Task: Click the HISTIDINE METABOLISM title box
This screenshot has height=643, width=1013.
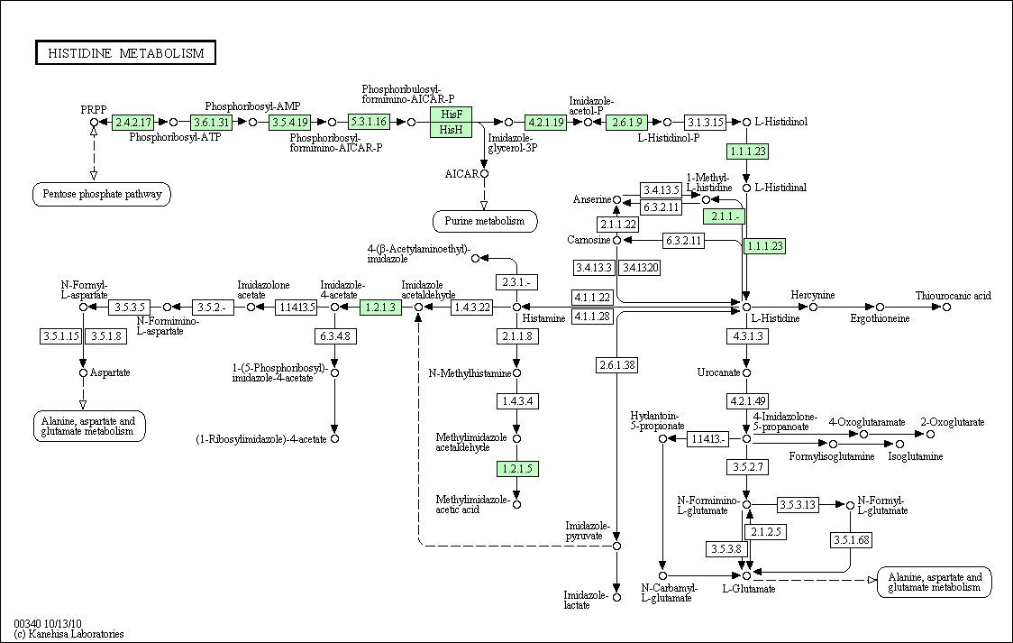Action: coord(125,53)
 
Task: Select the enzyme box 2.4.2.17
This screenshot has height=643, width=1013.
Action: coord(133,122)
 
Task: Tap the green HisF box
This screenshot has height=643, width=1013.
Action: coord(451,114)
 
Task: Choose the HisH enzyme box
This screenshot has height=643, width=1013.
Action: coord(451,129)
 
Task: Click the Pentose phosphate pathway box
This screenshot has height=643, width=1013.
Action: coord(102,194)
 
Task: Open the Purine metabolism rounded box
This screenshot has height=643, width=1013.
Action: coord(485,221)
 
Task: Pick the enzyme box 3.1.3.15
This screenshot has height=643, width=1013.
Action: coord(704,122)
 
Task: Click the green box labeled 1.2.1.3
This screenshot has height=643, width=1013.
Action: coord(380,307)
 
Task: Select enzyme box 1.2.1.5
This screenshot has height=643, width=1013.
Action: coord(516,469)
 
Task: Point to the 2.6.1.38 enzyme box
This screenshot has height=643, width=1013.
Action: coord(617,365)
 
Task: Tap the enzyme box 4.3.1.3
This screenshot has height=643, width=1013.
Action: coord(747,336)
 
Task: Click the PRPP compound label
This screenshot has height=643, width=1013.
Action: coord(94,110)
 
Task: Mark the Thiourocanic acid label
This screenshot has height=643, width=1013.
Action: coord(953,296)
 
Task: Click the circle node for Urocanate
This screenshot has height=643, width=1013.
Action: coord(747,372)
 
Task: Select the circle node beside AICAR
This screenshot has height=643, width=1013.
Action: coord(485,174)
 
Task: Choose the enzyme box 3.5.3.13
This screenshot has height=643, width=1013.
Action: coord(798,505)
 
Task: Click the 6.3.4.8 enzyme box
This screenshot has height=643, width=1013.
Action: coord(334,336)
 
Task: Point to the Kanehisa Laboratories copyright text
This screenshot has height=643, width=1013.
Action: coord(68,634)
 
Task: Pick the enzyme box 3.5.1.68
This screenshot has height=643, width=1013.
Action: coord(851,539)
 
